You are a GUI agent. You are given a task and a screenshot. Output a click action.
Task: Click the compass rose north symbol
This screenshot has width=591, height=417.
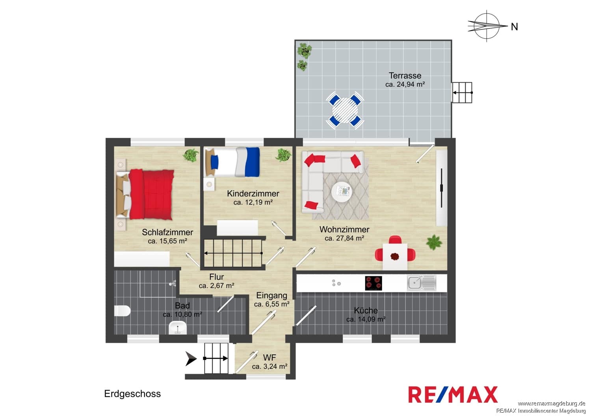click(487, 26)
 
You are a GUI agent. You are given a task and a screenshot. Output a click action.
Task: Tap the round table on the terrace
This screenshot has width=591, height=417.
click(345, 110)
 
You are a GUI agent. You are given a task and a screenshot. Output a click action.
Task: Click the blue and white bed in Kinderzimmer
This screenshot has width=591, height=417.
click(232, 162)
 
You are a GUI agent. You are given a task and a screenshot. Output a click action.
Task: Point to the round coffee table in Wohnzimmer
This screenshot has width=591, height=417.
click(342, 192)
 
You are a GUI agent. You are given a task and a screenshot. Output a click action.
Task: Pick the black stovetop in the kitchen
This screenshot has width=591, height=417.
click(374, 283)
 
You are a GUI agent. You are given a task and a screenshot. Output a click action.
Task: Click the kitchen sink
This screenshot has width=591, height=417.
click(421, 283)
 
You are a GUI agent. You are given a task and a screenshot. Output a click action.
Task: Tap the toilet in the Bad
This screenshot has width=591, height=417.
click(122, 310)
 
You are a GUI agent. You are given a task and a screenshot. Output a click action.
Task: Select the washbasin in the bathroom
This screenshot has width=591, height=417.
click(178, 328)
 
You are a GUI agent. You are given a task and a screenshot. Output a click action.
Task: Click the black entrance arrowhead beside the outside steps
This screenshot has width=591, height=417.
click(191, 358)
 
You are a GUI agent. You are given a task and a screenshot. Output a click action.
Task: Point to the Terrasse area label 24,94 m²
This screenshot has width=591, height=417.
click(405, 84)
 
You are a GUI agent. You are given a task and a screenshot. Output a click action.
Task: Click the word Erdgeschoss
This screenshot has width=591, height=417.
click(132, 393)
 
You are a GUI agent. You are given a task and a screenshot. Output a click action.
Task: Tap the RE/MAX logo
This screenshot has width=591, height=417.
click(453, 394)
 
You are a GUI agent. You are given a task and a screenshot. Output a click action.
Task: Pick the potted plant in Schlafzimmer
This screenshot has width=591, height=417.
click(191, 155)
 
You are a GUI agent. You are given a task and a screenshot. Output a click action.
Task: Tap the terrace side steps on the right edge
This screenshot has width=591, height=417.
click(462, 92)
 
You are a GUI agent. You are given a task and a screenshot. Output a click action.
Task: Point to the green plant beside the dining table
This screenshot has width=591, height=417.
click(434, 242)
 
